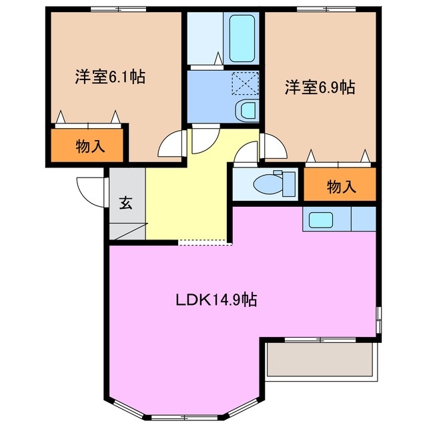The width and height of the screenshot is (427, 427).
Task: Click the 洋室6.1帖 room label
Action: [x=109, y=76]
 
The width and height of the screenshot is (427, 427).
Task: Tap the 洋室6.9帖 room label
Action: [x=320, y=87]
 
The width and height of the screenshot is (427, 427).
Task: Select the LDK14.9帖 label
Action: [x=216, y=300]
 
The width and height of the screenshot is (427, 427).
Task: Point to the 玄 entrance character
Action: [x=125, y=203]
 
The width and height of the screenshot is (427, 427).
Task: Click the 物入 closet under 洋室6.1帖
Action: [x=89, y=147]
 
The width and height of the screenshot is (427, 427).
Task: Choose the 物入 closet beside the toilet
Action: [x=340, y=186]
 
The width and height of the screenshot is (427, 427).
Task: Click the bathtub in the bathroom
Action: [x=244, y=37]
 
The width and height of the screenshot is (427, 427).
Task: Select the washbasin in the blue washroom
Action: [x=245, y=111]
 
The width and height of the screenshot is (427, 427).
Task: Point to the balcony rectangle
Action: [x=318, y=360]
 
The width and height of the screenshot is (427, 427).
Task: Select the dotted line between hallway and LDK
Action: [x=205, y=243]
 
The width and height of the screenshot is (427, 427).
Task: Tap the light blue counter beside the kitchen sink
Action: [x=362, y=219]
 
